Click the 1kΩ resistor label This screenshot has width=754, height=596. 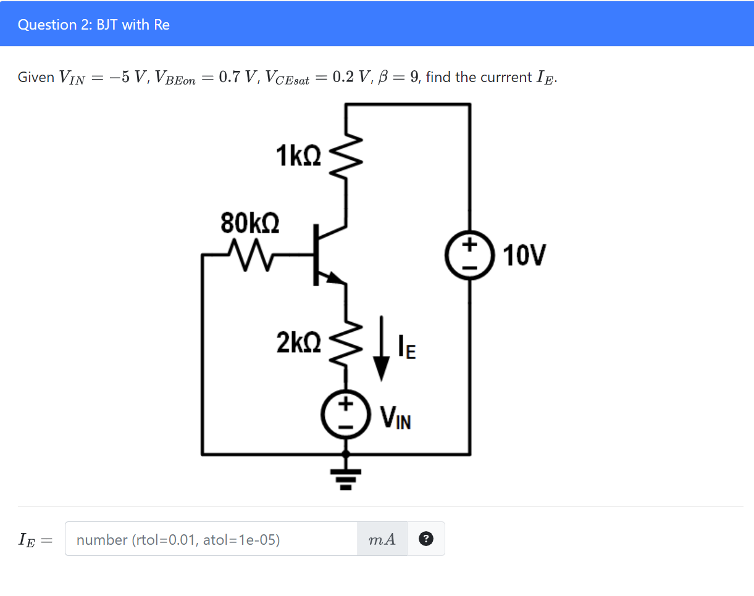(299, 156)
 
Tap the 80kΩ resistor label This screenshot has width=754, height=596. (249, 222)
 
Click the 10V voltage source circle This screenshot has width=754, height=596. (469, 255)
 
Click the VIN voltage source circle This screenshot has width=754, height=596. (345, 415)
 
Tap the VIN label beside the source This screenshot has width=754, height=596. (395, 418)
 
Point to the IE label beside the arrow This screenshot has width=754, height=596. (408, 348)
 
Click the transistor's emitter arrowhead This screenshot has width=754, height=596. (334, 278)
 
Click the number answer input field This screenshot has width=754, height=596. (211, 540)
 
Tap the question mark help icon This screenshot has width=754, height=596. (425, 539)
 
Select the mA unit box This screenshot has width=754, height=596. (382, 540)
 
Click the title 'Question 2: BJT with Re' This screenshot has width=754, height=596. (94, 25)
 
